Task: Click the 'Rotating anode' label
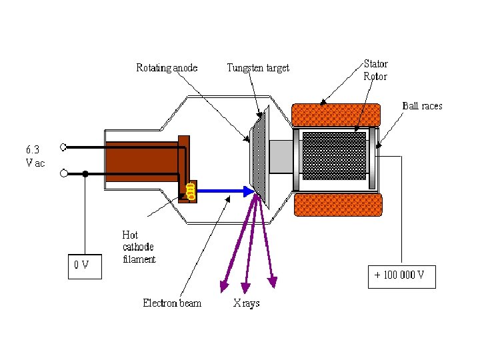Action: pyautogui.click(x=167, y=68)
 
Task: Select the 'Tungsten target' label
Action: pyautogui.click(x=258, y=68)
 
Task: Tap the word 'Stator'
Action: pyautogui.click(x=375, y=64)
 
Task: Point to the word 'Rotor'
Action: pyautogui.click(x=375, y=76)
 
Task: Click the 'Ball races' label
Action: pyautogui.click(x=422, y=106)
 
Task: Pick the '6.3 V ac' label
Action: pyautogui.click(x=35, y=157)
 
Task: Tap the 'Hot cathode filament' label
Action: pyautogui.click(x=139, y=247)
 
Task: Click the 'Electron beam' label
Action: pyautogui.click(x=172, y=303)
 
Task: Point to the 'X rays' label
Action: pyautogui.click(x=246, y=303)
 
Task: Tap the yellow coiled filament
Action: pyautogui.click(x=191, y=191)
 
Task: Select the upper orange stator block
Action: pyautogui.click(x=336, y=115)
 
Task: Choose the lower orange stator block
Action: pyautogui.click(x=338, y=204)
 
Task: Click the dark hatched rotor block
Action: pyautogui.click(x=334, y=155)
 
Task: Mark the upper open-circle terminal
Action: pyautogui.click(x=64, y=147)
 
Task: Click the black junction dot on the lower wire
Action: pyautogui.click(x=85, y=174)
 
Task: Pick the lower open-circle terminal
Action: pyautogui.click(x=64, y=174)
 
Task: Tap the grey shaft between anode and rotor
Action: pyautogui.click(x=281, y=156)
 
